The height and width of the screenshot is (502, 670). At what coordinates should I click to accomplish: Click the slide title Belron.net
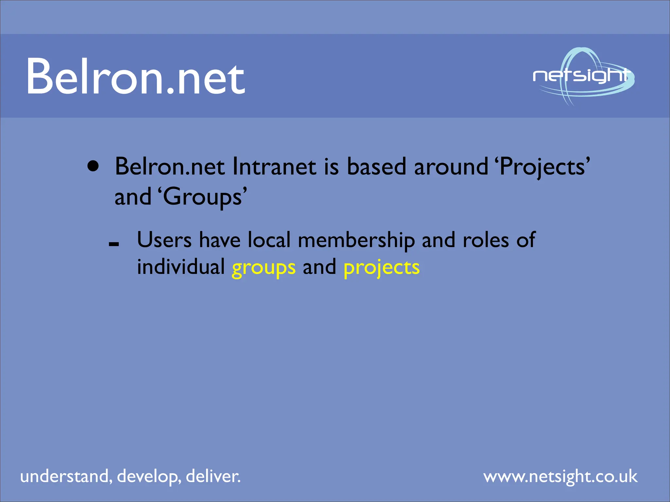pyautogui.click(x=135, y=76)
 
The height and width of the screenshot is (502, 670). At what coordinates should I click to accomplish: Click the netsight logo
pyautogui.click(x=583, y=76)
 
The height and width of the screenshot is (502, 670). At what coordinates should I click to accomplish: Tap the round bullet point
pyautogui.click(x=93, y=166)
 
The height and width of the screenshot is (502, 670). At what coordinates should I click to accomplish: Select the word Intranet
pyautogui.click(x=274, y=167)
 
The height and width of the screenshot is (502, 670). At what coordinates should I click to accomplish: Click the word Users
pyautogui.click(x=164, y=240)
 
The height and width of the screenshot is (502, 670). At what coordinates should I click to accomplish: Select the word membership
pyautogui.click(x=356, y=241)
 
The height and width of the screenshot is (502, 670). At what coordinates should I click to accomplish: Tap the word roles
pyautogui.click(x=485, y=241)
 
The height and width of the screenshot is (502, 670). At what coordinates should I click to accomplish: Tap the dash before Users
pyautogui.click(x=114, y=244)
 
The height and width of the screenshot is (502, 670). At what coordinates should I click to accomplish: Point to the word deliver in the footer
pyautogui.click(x=213, y=476)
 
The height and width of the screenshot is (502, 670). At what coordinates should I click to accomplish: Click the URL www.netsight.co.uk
pyautogui.click(x=560, y=477)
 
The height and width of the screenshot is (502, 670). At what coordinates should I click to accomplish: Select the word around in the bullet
pyautogui.click(x=451, y=167)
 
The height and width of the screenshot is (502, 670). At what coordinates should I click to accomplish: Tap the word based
pyautogui.click(x=376, y=167)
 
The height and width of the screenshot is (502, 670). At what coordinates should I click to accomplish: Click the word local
pyautogui.click(x=269, y=240)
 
